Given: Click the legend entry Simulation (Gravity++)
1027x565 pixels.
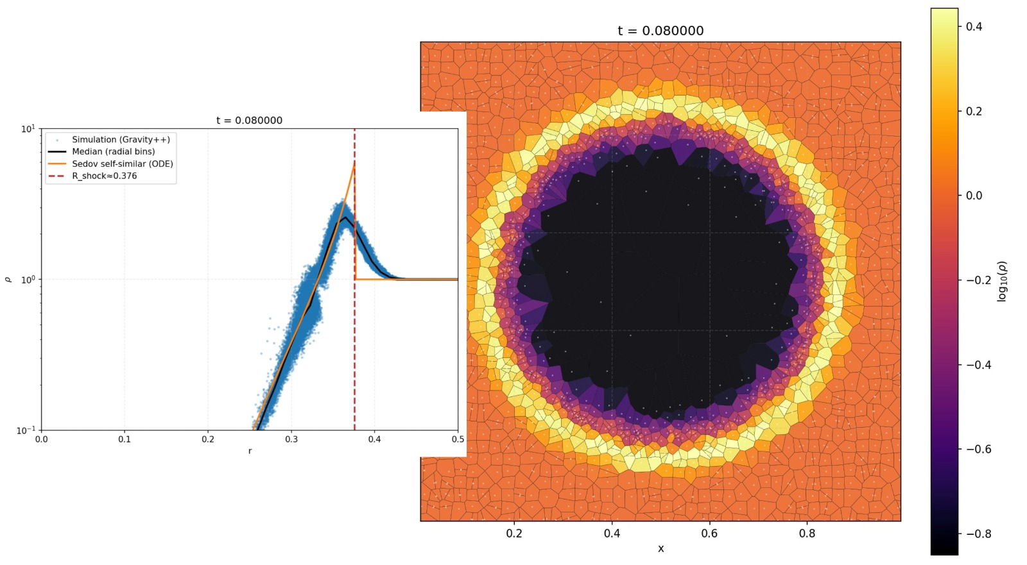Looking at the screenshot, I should point(121,139).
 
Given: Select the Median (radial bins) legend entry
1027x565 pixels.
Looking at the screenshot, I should point(113,151).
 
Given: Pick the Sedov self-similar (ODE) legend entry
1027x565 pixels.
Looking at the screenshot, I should point(122,164).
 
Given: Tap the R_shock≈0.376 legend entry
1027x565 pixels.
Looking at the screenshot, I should point(104,176).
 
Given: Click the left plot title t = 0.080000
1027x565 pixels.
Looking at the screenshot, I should point(249,121).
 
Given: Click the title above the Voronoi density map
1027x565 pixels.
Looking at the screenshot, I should point(660,31).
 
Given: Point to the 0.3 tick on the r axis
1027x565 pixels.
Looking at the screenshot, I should point(291,439).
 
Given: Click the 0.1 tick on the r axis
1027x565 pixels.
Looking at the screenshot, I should point(125,439).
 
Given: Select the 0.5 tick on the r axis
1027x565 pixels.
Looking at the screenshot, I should point(458,439).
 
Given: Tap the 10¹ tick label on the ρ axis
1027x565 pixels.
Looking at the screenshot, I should point(28,129).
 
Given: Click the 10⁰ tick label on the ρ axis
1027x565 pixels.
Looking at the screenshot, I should point(28,280).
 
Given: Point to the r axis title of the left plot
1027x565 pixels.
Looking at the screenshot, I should point(250,451).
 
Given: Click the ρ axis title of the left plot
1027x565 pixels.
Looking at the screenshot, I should point(8,280).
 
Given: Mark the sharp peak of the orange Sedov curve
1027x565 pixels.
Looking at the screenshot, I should point(354,164).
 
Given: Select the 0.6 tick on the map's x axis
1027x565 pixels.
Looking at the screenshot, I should point(709,534).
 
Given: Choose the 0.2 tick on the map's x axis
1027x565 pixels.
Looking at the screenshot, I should point(514,534).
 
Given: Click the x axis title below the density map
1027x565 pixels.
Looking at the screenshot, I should point(660,548).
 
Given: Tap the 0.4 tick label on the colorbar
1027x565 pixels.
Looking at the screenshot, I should point(974,27).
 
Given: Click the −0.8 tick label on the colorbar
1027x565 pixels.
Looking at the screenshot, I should point(978,534).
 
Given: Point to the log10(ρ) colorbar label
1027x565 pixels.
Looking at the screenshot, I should point(1003,281).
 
